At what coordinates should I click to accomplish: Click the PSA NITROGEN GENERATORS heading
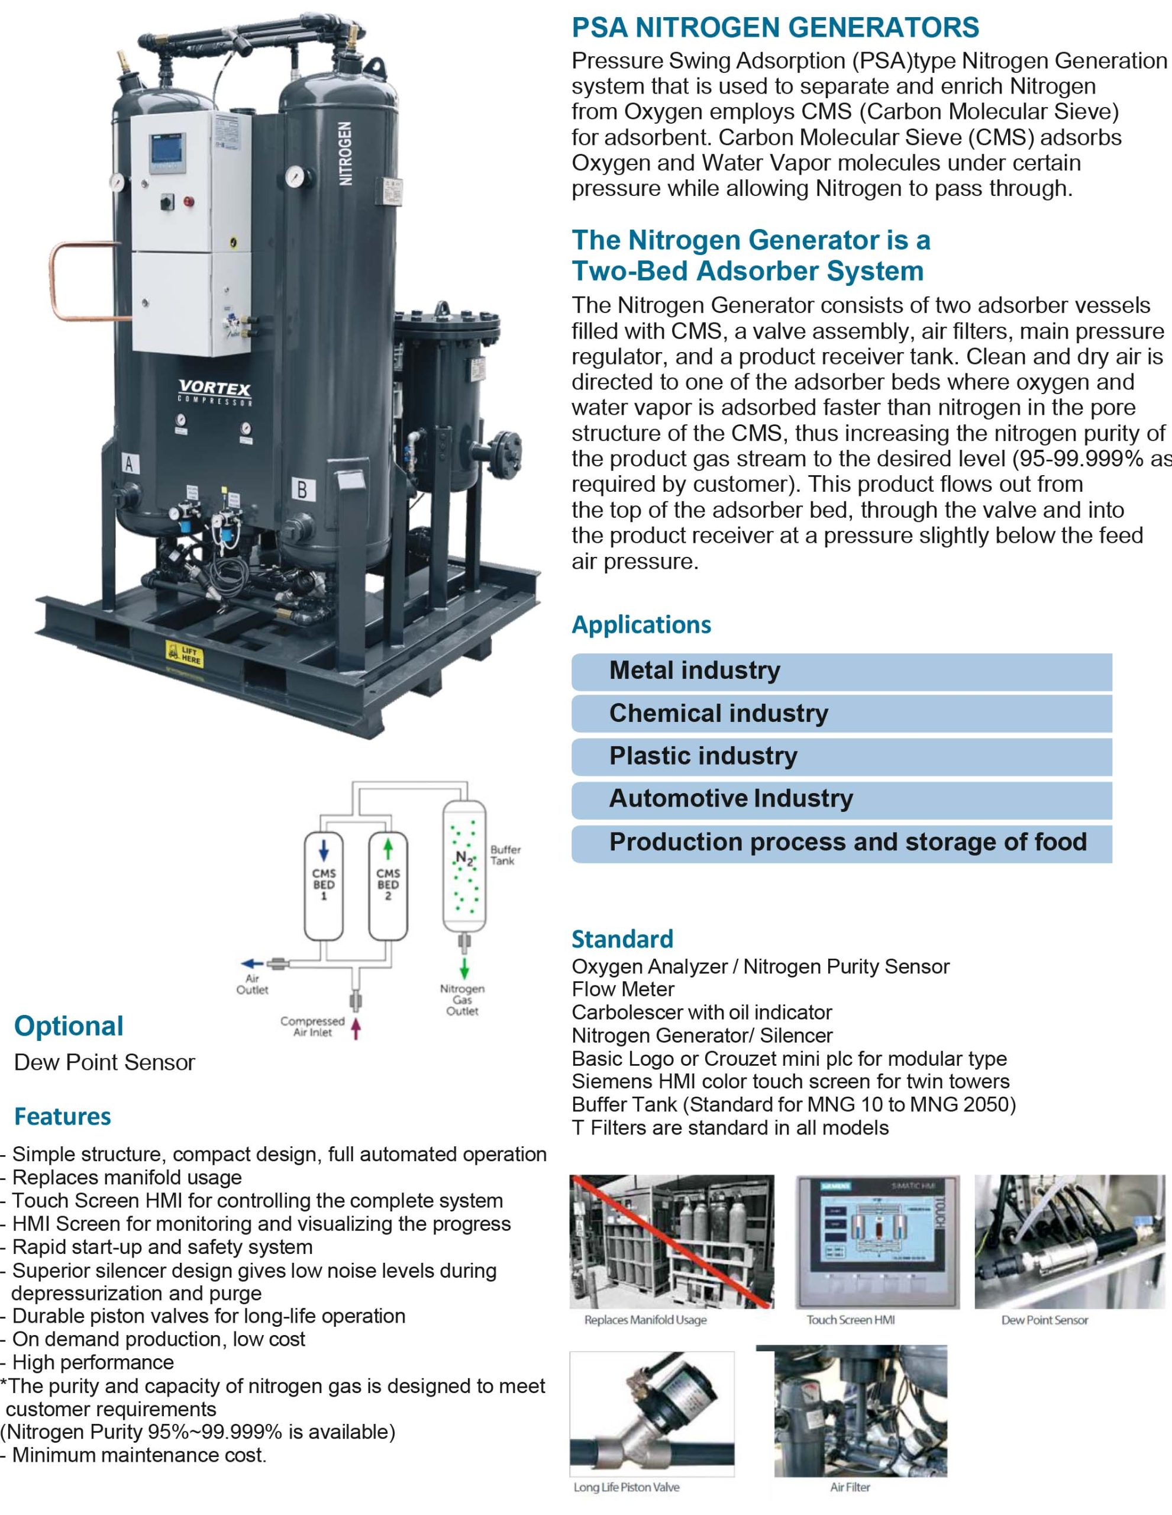774,28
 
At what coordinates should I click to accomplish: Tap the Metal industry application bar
841,671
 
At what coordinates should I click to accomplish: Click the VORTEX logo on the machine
215,390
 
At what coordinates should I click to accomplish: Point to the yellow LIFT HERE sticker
185,653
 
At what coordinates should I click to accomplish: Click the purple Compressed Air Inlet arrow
356,1028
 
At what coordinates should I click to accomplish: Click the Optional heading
69,1026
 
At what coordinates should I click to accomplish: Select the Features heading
62,1116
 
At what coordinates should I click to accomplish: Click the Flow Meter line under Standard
623,989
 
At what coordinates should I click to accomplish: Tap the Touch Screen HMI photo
877,1242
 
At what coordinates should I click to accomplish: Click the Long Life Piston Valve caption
626,1487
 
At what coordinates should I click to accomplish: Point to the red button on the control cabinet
189,201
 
